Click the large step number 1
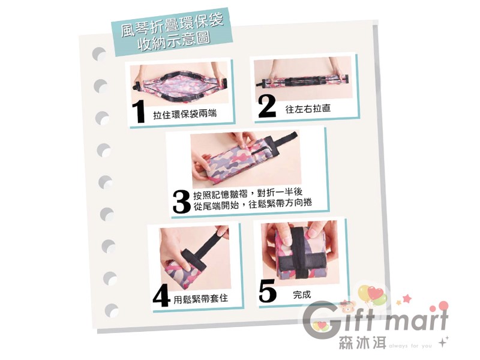point(139,112)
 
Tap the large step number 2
point(267,106)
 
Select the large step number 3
point(182,202)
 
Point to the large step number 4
point(161,296)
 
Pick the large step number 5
point(268,292)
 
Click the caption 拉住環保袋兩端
point(185,115)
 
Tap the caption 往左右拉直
point(308,109)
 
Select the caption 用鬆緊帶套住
point(201,298)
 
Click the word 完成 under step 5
point(302,295)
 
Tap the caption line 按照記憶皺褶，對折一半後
point(248,193)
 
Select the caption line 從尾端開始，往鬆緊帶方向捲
point(253,204)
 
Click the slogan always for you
point(410,346)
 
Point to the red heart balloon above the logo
point(376,293)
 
